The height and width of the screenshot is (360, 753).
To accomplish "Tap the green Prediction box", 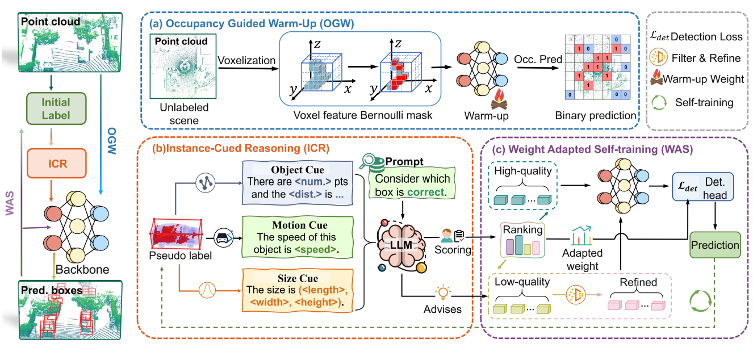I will click(716, 245).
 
